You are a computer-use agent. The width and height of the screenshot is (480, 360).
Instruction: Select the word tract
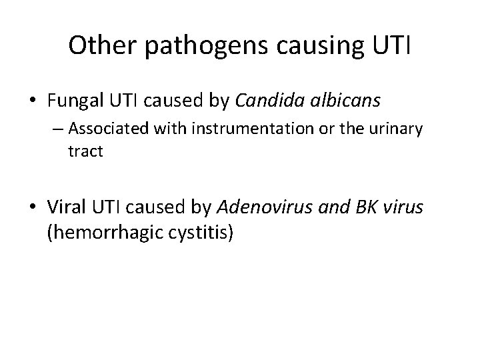(x=85, y=151)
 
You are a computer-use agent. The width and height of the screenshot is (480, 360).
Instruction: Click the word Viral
(x=65, y=208)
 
